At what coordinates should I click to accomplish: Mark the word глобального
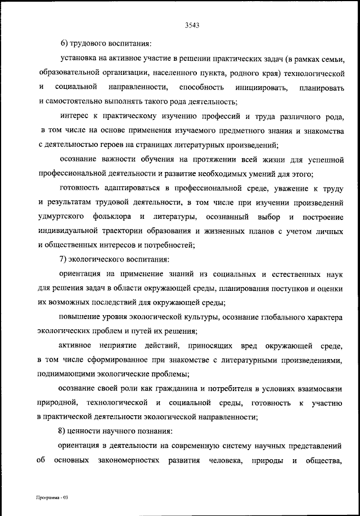(x=277, y=317)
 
